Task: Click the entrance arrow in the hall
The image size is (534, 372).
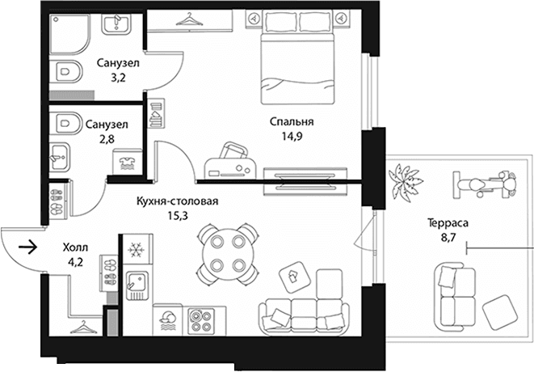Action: [x=27, y=247]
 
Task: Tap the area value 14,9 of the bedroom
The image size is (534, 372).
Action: [x=292, y=137]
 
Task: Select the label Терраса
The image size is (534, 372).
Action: [x=448, y=223]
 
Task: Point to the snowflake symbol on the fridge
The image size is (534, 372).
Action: [x=136, y=251]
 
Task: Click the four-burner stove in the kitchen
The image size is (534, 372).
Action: [x=201, y=319]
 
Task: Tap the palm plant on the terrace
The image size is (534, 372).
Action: [x=405, y=181]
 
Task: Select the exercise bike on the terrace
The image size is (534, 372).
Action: [x=484, y=184]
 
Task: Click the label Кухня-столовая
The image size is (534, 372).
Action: [x=177, y=201]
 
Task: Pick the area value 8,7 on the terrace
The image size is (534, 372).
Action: [x=448, y=238]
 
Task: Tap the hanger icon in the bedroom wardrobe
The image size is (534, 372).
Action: [x=189, y=19]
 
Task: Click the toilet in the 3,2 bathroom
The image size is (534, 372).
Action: [x=67, y=72]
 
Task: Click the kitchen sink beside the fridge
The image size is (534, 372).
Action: [x=137, y=285]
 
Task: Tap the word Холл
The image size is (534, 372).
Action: [x=75, y=247]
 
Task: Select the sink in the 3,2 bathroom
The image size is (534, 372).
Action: [x=116, y=24]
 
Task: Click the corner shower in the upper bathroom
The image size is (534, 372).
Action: [x=70, y=34]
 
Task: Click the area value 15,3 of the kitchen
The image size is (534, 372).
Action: [x=178, y=216]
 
